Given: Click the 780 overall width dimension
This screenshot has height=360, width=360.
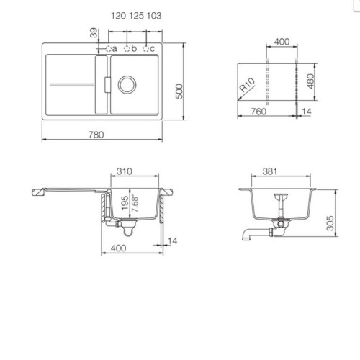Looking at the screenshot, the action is [96, 135].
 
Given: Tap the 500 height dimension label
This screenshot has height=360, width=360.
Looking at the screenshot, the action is [179, 91].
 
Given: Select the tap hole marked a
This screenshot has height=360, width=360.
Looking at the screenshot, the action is [109, 49].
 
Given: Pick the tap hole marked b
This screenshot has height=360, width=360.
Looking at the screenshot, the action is [127, 49].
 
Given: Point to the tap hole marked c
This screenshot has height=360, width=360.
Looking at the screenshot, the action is [145, 49].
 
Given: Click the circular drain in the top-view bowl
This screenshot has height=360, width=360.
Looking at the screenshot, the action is [127, 85].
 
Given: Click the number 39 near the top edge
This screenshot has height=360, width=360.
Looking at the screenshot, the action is [94, 33].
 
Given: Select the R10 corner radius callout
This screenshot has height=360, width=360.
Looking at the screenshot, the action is [247, 85].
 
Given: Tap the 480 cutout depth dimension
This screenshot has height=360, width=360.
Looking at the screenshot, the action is [310, 81].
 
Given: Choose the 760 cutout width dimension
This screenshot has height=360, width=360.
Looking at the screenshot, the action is [258, 112].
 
